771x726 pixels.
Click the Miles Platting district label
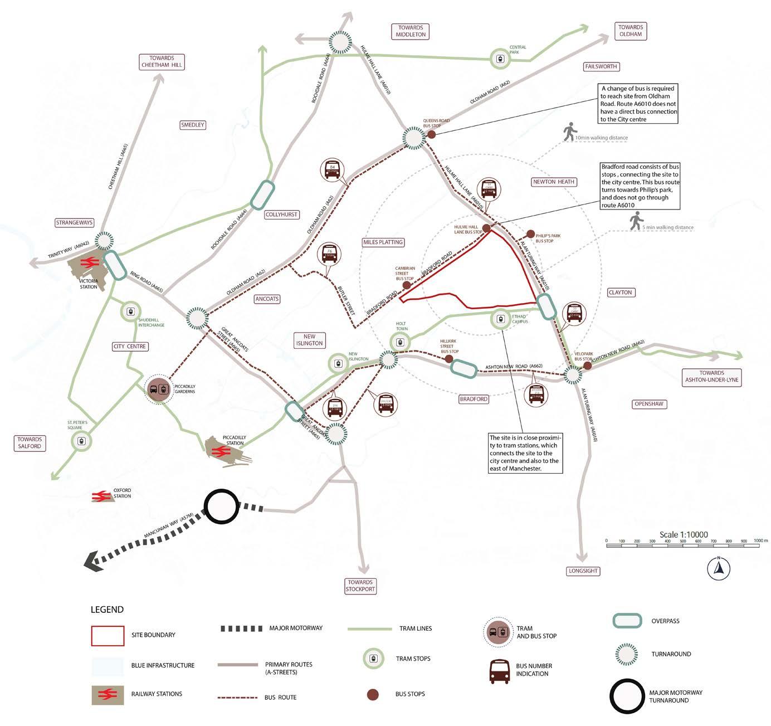coord(383,242)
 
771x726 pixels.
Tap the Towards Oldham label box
coord(630,31)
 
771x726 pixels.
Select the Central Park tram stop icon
coord(499,59)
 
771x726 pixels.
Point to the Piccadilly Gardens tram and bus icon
coord(158,389)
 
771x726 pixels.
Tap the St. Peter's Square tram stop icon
coord(81,441)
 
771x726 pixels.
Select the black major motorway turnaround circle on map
coord(221,506)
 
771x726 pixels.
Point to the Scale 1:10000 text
coord(684,534)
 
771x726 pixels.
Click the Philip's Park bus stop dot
coord(530,234)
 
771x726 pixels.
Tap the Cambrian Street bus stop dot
coord(407,285)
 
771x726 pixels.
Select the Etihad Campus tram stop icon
coord(500,319)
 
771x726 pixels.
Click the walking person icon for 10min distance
coord(569,132)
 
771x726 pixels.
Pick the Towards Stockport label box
coord(360,586)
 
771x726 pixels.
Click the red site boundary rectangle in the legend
coord(108,636)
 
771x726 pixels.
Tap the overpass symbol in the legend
coord(627,621)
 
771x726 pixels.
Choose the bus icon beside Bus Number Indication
coord(499,672)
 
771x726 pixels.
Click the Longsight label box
coord(583,571)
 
